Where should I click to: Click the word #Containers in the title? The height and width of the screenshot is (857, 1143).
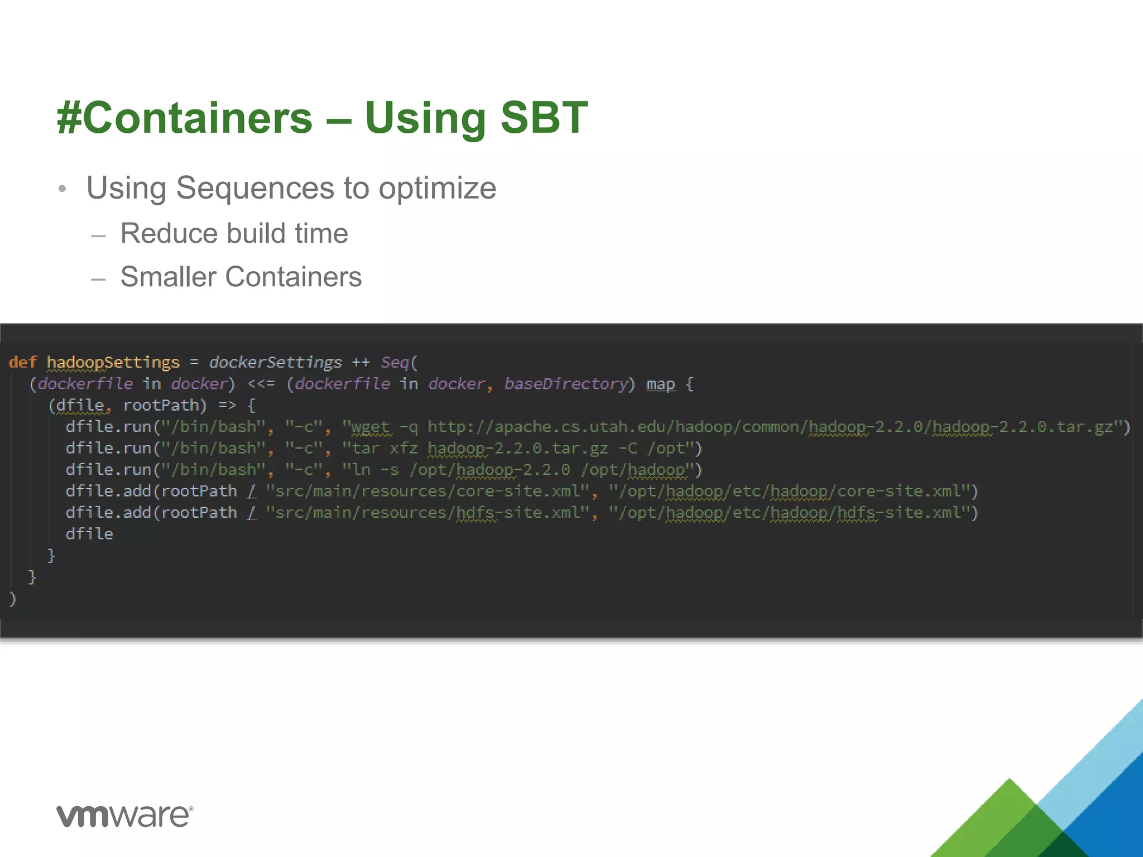coord(184,118)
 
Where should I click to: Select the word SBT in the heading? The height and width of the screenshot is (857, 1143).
coord(544,118)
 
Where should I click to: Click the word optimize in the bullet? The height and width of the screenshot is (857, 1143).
coord(437,188)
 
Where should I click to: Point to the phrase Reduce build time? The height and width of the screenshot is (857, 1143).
coord(234,233)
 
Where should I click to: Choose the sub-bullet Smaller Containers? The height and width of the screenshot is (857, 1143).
coord(241,277)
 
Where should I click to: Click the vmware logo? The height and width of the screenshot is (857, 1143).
coord(124,816)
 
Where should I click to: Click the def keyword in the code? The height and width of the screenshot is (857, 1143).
coord(22,363)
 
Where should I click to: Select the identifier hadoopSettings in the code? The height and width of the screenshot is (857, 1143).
coord(113,363)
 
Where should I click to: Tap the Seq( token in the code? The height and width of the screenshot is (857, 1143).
coord(398,363)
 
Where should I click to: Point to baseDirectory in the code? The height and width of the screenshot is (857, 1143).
coord(566,384)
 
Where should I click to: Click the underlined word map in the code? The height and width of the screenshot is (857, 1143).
coord(660,384)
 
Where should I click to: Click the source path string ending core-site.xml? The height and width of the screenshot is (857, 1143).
coord(428,492)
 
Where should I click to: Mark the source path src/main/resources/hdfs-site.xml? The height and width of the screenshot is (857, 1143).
coord(428,513)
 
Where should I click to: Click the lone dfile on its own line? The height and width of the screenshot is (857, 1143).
coord(89,534)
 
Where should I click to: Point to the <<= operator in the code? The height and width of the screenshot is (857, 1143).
coord(261,384)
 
